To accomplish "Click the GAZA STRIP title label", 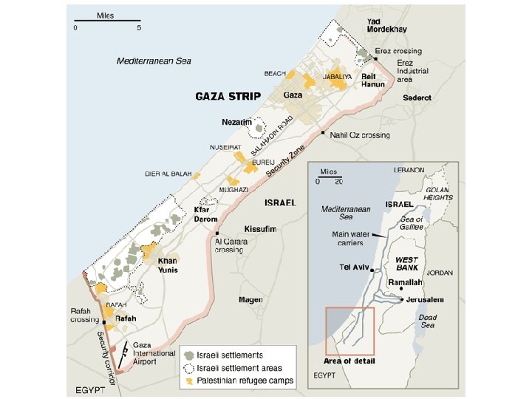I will click(227, 96).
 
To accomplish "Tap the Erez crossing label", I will click(398, 50).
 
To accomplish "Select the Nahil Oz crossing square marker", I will click(323, 134).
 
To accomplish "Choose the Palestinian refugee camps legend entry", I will click(239, 381).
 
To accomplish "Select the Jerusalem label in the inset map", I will click(425, 299).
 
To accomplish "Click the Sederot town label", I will click(417, 98).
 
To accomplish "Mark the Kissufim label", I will click(262, 230).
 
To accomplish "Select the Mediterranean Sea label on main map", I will click(154, 61).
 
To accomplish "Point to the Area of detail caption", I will click(349, 361).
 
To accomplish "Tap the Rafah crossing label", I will click(84, 316).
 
